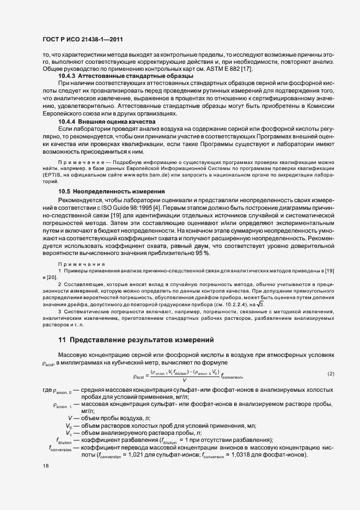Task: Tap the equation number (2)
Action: click(x=331, y=374)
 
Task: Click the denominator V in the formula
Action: click(x=185, y=379)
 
